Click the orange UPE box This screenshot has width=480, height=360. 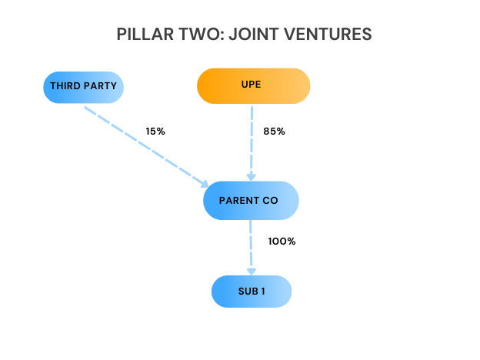point(254,85)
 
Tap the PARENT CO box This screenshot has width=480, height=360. point(251,201)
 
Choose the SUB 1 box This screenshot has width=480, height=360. point(252,292)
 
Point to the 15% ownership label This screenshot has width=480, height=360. point(155,132)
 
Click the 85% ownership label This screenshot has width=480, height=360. point(275,132)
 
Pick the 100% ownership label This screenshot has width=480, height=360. point(282,242)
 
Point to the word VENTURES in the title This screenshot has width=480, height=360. point(328,35)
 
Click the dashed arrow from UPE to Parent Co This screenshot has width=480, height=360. point(252,138)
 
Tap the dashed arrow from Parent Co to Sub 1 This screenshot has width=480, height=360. point(251,242)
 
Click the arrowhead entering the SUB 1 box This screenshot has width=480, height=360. point(251,271)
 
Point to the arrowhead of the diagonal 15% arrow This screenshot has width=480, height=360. point(205,184)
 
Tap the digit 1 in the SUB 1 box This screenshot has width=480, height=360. point(266,292)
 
